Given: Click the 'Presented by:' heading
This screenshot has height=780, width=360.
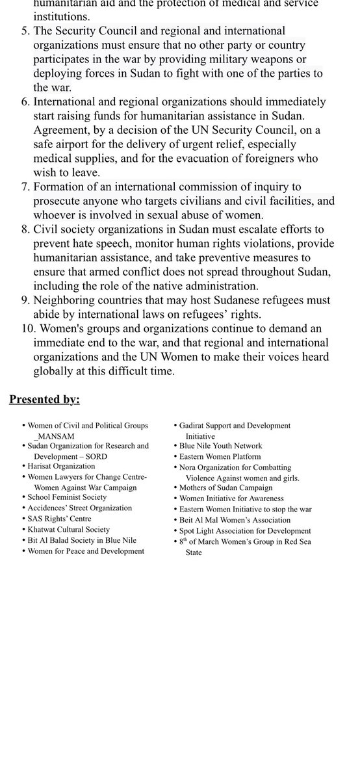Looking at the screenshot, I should tap(44, 399).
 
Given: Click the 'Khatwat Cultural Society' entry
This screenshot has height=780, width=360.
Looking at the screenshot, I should tap(69, 529).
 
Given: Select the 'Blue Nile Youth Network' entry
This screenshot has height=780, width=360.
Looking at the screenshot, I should tap(221, 446).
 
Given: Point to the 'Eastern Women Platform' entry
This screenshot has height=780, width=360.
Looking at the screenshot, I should tap(220, 456).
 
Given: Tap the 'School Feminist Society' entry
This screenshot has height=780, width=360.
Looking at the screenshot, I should tap(67, 497).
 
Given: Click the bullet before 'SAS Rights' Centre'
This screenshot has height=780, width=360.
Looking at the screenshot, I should tap(24, 519).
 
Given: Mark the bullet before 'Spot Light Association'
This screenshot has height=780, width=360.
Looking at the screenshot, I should tap(175, 531).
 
